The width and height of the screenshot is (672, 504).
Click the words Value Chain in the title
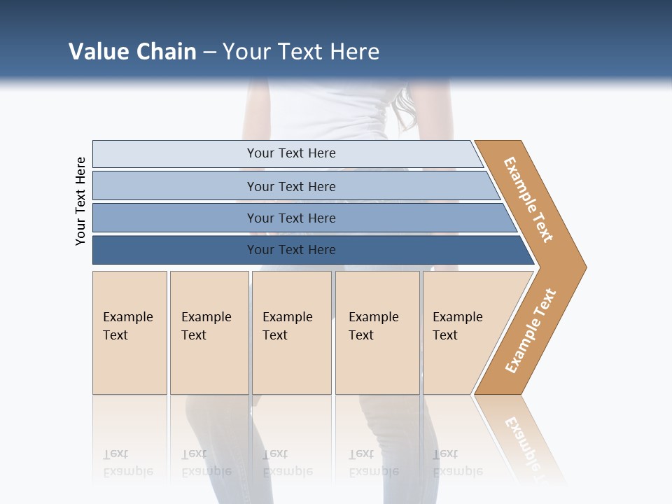tap(132, 52)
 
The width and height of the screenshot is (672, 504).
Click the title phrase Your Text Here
tap(301, 52)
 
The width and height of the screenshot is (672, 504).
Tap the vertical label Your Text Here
tap(80, 202)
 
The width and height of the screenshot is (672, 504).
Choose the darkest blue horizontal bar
tap(175, 250)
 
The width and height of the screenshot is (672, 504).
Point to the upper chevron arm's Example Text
tap(528, 199)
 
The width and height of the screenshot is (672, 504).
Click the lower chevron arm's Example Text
tap(531, 331)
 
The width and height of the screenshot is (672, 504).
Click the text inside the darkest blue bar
tap(291, 250)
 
